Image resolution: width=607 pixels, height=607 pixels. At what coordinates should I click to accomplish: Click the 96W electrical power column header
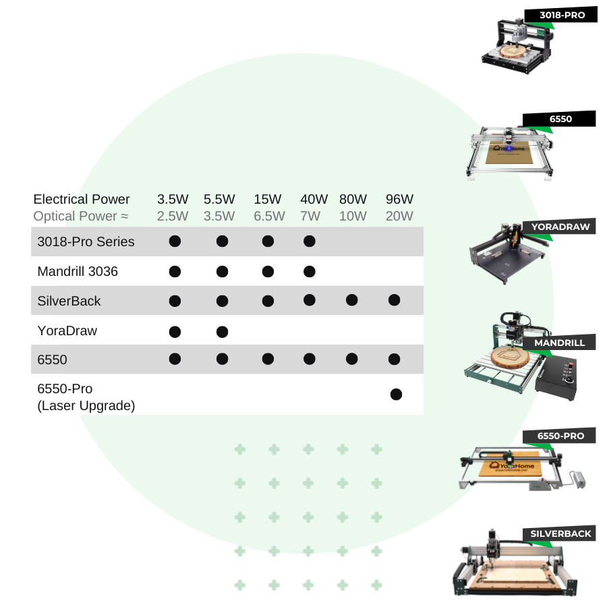[x=399, y=199]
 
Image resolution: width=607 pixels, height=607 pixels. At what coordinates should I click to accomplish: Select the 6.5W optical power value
[x=269, y=216]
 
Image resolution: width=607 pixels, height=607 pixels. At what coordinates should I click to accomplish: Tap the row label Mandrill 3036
[x=78, y=271]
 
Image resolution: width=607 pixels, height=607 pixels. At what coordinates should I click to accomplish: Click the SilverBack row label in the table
[x=69, y=301]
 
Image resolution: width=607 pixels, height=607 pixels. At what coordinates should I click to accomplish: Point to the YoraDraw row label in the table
[x=67, y=330]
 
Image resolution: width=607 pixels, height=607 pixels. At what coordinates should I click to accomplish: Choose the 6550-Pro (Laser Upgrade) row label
[x=86, y=397]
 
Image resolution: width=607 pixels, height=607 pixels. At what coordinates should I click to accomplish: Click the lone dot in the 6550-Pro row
[x=397, y=395]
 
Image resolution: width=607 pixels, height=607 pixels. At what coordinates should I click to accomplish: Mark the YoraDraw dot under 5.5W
[x=222, y=331]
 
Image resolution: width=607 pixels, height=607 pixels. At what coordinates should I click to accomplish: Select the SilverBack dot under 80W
[x=351, y=300]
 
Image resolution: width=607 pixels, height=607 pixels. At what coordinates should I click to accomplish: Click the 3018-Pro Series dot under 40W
[x=310, y=241]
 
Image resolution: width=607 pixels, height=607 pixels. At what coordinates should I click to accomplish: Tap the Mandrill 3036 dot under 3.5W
[x=175, y=272]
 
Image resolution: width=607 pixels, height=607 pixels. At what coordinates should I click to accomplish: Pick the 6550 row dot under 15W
[x=268, y=359]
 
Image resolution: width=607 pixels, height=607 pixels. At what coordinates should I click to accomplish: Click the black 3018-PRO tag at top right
[x=562, y=14]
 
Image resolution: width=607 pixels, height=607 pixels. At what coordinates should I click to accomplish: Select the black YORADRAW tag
[x=560, y=227]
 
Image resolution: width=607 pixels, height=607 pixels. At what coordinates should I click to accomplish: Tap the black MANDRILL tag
[x=559, y=343]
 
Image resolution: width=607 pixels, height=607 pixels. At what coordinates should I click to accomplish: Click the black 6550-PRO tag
[x=560, y=436]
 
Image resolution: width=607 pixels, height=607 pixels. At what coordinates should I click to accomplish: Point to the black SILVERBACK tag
[x=560, y=533]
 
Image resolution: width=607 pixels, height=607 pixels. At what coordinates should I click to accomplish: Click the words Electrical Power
[x=82, y=199]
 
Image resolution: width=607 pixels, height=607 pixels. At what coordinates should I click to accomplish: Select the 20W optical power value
[x=399, y=216]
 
